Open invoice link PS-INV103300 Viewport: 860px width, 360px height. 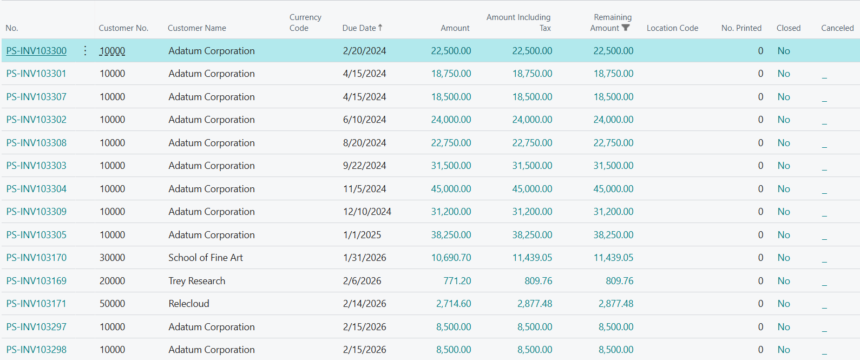[36, 51]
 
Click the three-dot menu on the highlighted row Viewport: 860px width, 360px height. [85, 51]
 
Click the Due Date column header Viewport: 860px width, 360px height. [359, 28]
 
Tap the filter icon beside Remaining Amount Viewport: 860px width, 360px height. [626, 28]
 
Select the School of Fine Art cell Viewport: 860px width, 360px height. [206, 258]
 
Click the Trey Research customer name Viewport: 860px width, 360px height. [196, 281]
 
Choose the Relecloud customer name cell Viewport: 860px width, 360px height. [189, 304]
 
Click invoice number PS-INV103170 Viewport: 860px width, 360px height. [36, 258]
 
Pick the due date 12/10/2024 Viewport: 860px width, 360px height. [367, 212]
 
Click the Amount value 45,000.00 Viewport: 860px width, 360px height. [451, 189]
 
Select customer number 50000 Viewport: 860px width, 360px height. [112, 304]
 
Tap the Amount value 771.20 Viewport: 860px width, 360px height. [457, 281]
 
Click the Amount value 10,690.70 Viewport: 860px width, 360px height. [451, 258]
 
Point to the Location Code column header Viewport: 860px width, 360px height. [672, 28]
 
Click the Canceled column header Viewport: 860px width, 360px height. [837, 28]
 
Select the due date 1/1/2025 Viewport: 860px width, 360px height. [362, 235]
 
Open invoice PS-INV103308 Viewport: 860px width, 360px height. [36, 143]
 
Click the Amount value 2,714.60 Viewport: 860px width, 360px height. [454, 304]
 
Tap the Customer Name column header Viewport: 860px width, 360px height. [197, 28]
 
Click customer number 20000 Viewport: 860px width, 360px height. [112, 281]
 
